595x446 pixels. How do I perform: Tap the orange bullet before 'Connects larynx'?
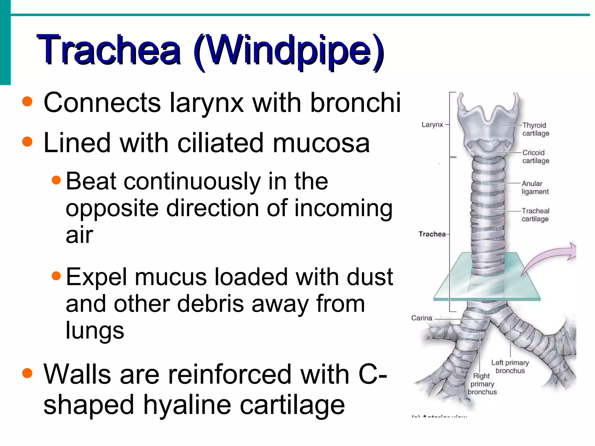27,101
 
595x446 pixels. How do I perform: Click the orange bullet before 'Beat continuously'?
56,180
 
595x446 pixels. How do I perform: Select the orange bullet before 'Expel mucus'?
56,276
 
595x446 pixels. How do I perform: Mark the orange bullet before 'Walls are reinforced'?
27,373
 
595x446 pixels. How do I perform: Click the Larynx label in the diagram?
432,125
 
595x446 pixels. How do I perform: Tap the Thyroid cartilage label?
535,129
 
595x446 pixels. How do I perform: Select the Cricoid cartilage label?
535,157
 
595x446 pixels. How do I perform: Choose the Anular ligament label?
535,188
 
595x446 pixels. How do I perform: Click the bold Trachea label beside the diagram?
432,234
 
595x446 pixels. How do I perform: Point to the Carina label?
422,318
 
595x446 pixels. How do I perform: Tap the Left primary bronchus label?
510,366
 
